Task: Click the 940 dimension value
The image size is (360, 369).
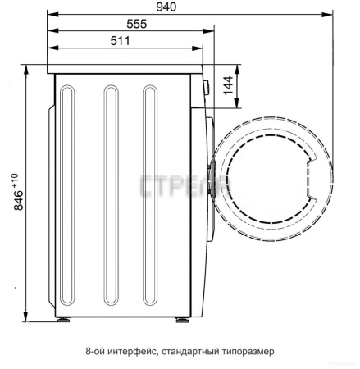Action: coord(166,7)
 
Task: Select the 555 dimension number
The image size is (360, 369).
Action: coord(137,24)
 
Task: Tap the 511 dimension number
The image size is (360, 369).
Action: coord(121,41)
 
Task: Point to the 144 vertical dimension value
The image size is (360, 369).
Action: coord(228,85)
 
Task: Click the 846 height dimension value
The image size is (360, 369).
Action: coord(19,200)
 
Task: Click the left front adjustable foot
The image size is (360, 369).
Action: coord(63,320)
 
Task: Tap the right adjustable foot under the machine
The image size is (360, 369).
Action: coord(182,320)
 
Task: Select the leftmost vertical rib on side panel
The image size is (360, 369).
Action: coord(67,195)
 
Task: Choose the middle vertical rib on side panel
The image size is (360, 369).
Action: coord(112,195)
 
